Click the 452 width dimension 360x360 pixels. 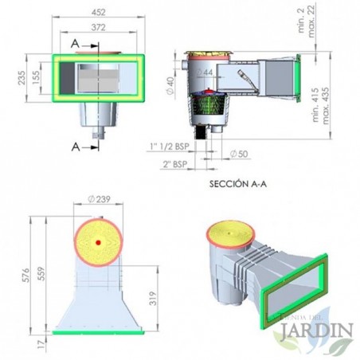click(x=99, y=11)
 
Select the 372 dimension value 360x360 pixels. click(x=100, y=28)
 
